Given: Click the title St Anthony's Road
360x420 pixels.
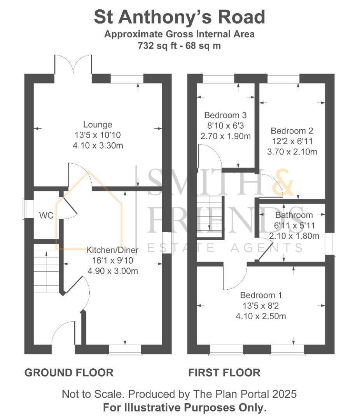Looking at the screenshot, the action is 179,17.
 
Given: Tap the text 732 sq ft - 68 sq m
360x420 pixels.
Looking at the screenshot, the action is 179,45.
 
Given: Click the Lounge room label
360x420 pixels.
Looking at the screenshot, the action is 98,124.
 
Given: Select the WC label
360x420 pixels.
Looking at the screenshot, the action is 46,215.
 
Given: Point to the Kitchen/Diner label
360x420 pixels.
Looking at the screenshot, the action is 112,250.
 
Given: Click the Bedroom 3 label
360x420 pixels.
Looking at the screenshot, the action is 225,115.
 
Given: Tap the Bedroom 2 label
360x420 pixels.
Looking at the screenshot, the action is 292,131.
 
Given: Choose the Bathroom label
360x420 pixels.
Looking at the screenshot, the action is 294,215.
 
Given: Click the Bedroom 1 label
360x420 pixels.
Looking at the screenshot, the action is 261,295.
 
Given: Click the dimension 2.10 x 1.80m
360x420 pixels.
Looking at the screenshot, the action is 294,236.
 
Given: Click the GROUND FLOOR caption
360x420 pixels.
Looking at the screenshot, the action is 69,373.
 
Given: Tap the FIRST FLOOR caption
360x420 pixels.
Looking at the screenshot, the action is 224,373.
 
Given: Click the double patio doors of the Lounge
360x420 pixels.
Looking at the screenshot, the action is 73,65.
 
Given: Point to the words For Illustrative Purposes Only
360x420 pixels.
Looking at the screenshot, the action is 185,408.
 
